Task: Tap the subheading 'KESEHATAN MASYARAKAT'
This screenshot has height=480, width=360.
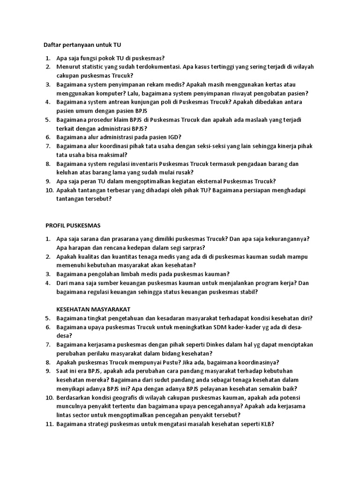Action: click(x=93, y=309)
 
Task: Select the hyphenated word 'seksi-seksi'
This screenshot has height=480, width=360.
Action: click(x=212, y=146)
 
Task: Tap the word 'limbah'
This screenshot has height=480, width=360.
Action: click(x=136, y=274)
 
